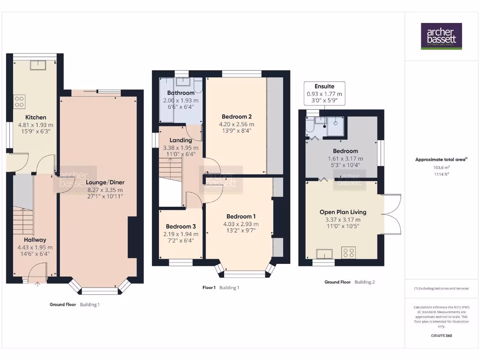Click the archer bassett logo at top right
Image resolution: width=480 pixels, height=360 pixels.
[x=441, y=36]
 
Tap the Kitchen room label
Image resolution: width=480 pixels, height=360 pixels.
[x=36, y=117]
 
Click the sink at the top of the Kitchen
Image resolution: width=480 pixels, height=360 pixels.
[x=37, y=65]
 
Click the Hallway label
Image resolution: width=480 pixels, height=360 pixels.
[x=35, y=240]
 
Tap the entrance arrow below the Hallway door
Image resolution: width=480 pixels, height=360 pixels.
[x=37, y=283]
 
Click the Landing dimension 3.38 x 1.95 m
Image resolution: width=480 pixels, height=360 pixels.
[x=180, y=148]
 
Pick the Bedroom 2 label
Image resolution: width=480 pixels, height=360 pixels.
[x=237, y=116]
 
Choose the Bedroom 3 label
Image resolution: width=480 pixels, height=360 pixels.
[x=180, y=226]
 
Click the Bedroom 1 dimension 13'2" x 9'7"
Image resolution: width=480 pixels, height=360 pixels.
[x=241, y=231]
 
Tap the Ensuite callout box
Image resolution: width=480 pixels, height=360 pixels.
[x=324, y=93]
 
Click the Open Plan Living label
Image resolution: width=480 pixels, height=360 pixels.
[x=343, y=212]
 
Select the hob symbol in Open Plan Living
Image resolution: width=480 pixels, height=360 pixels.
[x=348, y=253]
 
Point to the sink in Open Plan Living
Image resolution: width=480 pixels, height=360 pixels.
[x=324, y=254]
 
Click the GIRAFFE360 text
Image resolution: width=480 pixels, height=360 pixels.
[x=441, y=336]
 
